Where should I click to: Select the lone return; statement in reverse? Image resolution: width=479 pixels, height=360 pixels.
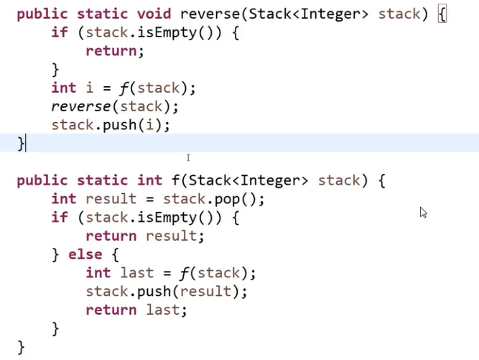[115, 51]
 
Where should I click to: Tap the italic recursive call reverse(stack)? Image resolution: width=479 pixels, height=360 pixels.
[115, 106]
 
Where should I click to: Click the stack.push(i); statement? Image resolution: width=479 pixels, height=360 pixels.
[111, 125]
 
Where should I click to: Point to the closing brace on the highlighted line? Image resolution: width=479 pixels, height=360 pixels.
[21, 144]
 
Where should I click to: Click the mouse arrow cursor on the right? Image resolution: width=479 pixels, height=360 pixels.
[423, 212]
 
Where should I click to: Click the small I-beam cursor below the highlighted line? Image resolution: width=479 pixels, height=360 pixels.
[188, 157]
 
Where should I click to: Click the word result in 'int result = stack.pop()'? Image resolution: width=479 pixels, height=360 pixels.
[111, 199]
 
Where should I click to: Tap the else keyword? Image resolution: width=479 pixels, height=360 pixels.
[85, 254]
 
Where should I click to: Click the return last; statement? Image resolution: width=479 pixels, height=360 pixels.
[136, 310]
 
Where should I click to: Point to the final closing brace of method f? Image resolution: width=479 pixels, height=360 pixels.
[21, 347]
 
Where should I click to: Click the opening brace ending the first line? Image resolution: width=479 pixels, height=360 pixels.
[442, 14]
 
